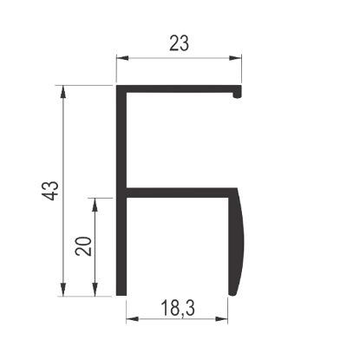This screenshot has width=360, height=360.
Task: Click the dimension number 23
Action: tap(179, 43)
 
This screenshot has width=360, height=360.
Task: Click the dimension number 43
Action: tap(50, 191)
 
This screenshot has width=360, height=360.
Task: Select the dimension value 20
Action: tap(83, 246)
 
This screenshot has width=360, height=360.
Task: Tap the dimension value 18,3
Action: tap(178, 308)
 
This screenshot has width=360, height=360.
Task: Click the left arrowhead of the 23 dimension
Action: tap(122, 58)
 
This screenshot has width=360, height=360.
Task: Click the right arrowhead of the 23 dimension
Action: tap(235, 58)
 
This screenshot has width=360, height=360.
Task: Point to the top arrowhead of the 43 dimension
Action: tap(63, 92)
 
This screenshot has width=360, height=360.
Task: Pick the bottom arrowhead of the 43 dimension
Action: tap(63, 290)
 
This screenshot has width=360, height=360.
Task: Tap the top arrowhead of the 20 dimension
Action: tap(95, 205)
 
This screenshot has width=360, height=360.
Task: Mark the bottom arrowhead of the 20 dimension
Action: tap(95, 290)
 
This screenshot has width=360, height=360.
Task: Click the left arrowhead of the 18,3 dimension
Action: tap(133, 319)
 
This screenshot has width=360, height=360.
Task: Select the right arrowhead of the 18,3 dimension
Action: tap(221, 319)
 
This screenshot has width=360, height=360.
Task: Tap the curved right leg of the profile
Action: tap(237, 242)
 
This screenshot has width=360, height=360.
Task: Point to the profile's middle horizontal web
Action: tap(177, 193)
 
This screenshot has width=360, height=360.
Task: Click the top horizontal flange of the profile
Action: tap(179, 89)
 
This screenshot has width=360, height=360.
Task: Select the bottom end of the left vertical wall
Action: tap(121, 295)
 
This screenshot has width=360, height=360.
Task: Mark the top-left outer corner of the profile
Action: tap(116, 85)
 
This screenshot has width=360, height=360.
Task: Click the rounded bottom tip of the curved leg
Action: tap(232, 295)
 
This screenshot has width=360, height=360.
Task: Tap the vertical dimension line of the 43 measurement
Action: tap(63, 191)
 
